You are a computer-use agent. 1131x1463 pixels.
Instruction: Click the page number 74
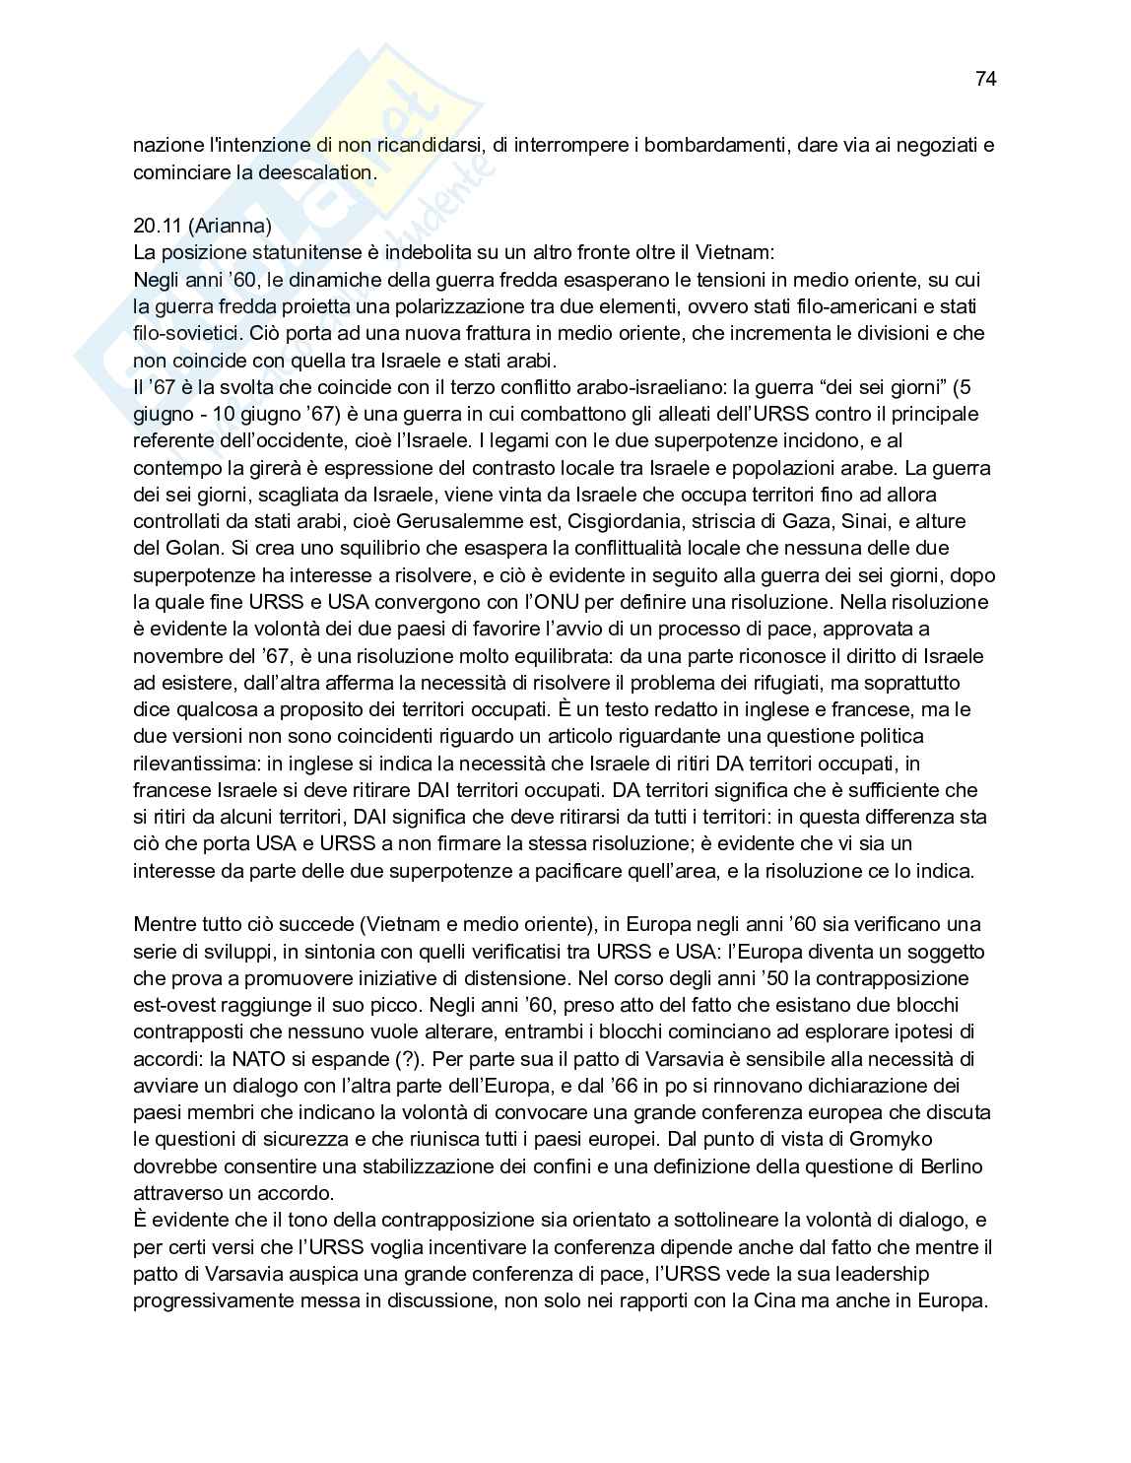pos(985,79)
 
